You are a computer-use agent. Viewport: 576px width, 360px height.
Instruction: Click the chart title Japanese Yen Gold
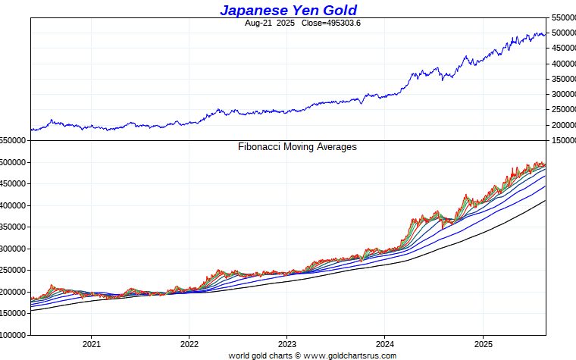click(x=288, y=10)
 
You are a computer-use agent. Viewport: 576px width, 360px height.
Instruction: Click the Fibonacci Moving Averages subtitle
click(x=297, y=147)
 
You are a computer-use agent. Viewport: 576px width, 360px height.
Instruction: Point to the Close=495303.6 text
click(x=330, y=23)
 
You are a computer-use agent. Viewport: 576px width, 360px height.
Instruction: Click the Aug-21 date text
click(x=258, y=23)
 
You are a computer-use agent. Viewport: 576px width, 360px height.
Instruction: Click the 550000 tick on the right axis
click(x=562, y=17)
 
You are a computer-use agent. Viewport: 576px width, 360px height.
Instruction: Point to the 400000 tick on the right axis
click(x=562, y=64)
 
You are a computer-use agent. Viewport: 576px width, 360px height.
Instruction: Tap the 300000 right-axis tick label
click(x=562, y=95)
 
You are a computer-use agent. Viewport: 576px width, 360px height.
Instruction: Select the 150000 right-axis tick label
click(x=562, y=141)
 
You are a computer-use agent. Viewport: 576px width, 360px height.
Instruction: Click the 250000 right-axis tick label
click(x=562, y=110)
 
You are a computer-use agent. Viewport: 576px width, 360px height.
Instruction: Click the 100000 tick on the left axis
click(x=13, y=335)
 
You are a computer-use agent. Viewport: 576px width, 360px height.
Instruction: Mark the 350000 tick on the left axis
click(x=13, y=227)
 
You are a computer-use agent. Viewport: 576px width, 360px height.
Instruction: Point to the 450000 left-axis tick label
click(x=13, y=184)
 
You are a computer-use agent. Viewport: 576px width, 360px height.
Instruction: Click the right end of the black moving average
click(x=545, y=201)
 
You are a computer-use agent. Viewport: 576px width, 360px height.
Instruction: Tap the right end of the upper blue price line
click(x=545, y=34)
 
